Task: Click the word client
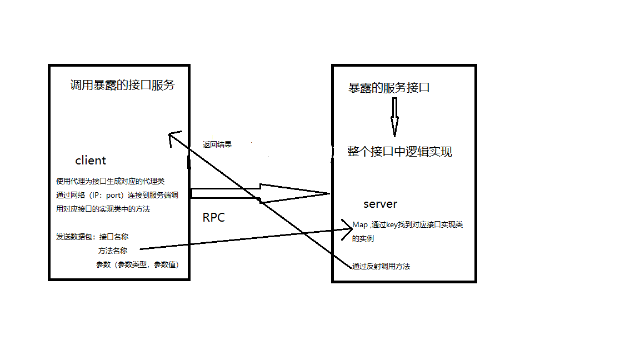91,161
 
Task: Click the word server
380,204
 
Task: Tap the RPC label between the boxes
213,218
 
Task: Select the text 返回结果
217,144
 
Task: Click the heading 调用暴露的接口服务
122,85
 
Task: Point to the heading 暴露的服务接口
388,88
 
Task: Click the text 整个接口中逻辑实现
399,152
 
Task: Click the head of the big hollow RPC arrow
294,193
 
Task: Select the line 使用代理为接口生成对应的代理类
110,181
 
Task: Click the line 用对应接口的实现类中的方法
103,209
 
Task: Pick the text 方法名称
113,251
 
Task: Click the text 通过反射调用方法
381,266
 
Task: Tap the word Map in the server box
360,225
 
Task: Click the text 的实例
363,238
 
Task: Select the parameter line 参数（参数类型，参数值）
138,264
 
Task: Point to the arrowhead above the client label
173,137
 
